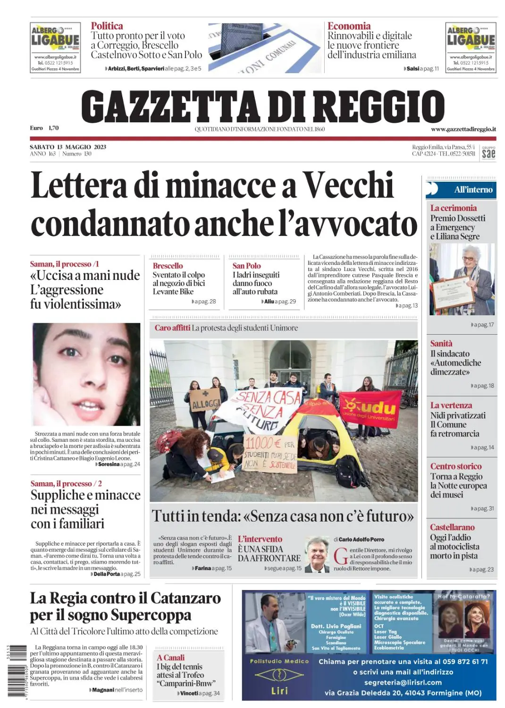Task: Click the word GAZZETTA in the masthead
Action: (x=170, y=106)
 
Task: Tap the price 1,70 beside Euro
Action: (x=53, y=128)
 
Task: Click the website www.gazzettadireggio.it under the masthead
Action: (x=463, y=129)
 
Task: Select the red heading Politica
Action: (x=107, y=26)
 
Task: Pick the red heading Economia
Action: (x=349, y=26)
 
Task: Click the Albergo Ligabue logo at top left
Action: (x=55, y=47)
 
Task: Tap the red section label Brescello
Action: (x=168, y=266)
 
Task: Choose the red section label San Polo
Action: (x=246, y=266)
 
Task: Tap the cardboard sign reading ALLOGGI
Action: (x=205, y=401)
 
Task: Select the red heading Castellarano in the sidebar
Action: (x=452, y=527)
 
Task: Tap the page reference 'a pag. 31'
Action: (x=482, y=508)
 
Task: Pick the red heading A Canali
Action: (x=170, y=657)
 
